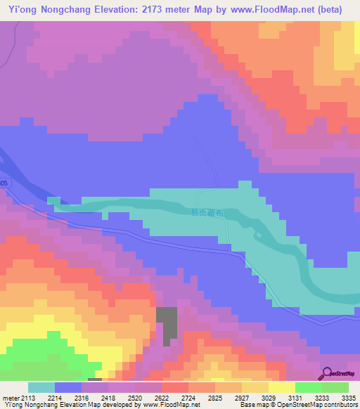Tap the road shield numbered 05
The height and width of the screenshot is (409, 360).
tap(4, 183)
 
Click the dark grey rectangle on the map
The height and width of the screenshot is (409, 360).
tap(167, 326)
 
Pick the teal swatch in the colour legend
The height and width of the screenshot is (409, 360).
tap(41, 387)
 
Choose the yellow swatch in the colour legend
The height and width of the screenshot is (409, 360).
tap(281, 387)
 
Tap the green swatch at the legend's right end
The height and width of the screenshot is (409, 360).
tap(335, 387)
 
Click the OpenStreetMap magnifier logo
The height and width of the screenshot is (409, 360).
tap(328, 373)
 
